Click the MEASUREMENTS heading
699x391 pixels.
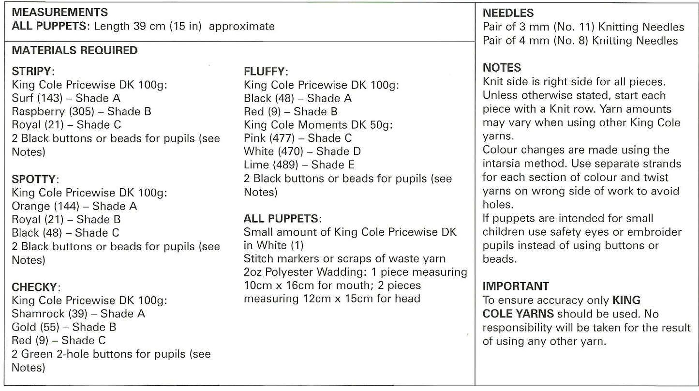click(59, 12)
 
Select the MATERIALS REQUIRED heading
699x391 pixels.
click(74, 50)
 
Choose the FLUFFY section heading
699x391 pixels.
click(266, 72)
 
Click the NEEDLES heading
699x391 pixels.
click(508, 13)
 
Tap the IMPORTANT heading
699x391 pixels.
click(516, 286)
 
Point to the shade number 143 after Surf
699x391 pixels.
click(53, 98)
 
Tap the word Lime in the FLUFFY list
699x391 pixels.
click(255, 165)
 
